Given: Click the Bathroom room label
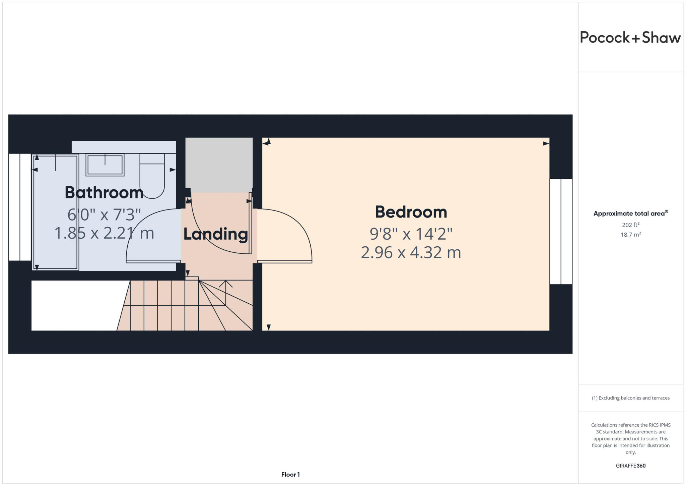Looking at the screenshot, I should click(x=104, y=192).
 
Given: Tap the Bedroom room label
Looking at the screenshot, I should click(x=411, y=212).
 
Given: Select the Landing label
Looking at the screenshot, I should click(x=215, y=234).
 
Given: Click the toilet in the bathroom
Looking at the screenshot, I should click(x=152, y=176).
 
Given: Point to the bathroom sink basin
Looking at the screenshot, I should click(x=105, y=165).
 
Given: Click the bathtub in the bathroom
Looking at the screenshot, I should click(x=56, y=212).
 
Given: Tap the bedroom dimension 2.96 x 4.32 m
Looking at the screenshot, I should click(x=411, y=252).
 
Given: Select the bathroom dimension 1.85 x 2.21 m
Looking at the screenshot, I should click(x=104, y=233).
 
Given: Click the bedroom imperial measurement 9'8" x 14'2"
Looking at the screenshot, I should click(x=411, y=234).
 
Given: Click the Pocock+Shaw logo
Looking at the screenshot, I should click(x=630, y=37).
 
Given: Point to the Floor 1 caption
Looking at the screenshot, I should click(x=290, y=474).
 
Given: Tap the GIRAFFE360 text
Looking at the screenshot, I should click(x=630, y=466).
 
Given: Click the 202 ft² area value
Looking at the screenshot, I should click(x=630, y=225).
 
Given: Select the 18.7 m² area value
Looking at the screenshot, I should click(x=630, y=234).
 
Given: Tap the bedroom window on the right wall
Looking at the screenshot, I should click(x=561, y=231).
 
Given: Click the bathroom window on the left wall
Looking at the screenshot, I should click(x=20, y=207).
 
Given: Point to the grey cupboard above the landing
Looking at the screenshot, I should click(x=219, y=164).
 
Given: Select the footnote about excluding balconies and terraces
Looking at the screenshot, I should click(x=630, y=398).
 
